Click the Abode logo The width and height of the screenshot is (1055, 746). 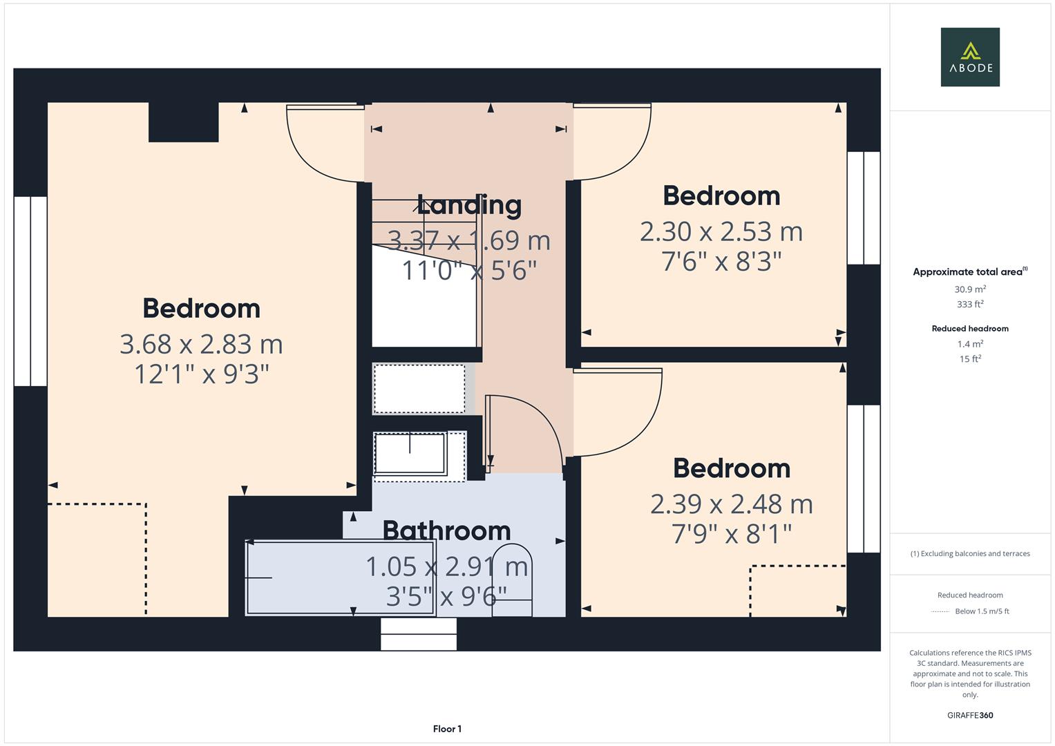coord(970,57)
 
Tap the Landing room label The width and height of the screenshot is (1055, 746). coord(469,205)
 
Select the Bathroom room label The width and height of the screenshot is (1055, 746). coord(446,530)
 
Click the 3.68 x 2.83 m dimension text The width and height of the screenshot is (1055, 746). coord(201,344)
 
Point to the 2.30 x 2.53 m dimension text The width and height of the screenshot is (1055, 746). coord(721,231)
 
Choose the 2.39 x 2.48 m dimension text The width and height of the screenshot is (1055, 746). coord(732,504)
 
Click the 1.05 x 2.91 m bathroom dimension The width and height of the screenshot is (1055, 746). coord(446,566)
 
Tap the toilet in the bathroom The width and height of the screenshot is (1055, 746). coord(512,580)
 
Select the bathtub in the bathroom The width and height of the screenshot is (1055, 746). coord(340,577)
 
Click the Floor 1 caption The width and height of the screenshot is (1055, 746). coord(447,729)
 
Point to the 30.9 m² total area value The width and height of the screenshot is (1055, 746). coord(970,289)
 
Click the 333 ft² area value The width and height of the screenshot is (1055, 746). coord(970,304)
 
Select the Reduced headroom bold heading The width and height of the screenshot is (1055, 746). coord(970,329)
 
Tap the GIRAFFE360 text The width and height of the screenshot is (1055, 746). coord(970,715)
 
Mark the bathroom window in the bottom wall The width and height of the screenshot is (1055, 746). coord(419,634)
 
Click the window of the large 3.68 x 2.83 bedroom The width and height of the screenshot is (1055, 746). coord(30,291)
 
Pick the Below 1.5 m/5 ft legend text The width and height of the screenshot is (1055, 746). coord(982,611)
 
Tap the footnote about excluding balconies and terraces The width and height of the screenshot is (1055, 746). coord(970,553)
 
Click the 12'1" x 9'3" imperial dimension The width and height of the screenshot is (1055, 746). coord(201,374)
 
